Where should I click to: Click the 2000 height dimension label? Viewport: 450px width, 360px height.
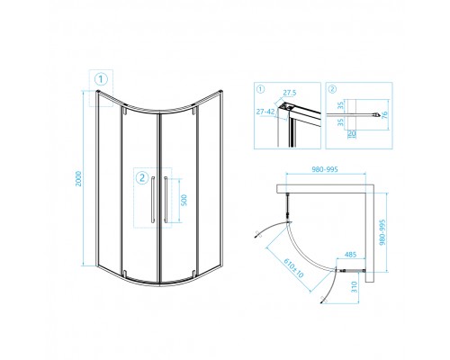pos(78,179)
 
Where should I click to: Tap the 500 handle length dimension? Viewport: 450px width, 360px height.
pos(184,200)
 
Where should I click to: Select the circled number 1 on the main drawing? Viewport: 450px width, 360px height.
pos(101,79)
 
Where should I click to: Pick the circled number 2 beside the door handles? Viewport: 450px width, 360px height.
pos(142,177)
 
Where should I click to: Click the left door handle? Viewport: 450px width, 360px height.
pos(153,200)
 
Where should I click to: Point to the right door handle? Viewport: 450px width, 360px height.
pos(166,200)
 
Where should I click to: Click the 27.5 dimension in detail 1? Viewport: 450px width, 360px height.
pos(290,93)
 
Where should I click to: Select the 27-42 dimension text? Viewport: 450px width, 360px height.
pos(265,112)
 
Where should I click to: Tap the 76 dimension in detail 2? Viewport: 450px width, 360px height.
pos(384,115)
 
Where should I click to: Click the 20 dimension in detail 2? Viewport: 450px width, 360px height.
pos(352,133)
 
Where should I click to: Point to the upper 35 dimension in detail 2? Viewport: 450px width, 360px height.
pos(340,105)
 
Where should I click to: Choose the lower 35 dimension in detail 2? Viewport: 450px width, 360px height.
pos(340,122)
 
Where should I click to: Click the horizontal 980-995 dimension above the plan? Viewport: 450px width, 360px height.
pos(325,169)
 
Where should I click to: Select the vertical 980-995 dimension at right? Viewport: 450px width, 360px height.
pos(382,232)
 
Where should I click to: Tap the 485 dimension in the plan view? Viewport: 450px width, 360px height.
pos(350,255)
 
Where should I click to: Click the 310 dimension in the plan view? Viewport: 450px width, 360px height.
pos(355,287)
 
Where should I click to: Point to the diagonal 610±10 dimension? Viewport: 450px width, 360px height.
pos(293,268)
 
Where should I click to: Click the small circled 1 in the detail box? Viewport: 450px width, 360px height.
pos(260,89)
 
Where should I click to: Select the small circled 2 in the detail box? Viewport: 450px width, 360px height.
pos(332,89)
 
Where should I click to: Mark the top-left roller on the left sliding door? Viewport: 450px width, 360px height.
pos(124,112)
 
